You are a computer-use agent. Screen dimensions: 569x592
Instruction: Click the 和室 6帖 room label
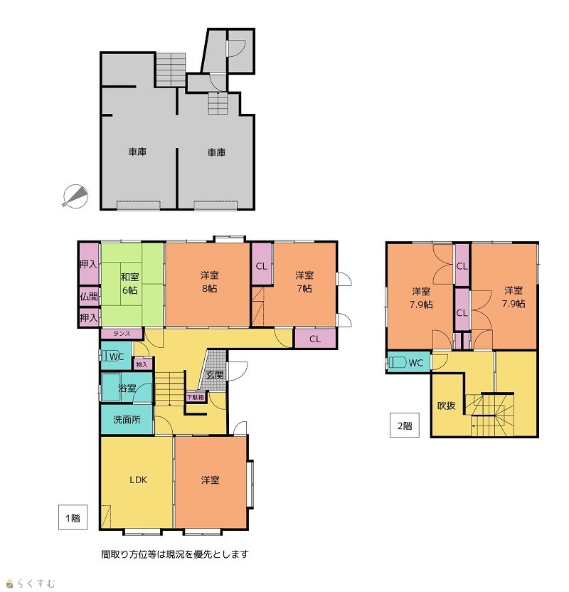pyautogui.click(x=129, y=283)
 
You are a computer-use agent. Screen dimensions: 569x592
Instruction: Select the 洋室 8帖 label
pyautogui.click(x=209, y=282)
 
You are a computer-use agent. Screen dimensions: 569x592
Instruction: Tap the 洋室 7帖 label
pyautogui.click(x=304, y=282)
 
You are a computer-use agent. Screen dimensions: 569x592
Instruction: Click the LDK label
pyautogui.click(x=139, y=480)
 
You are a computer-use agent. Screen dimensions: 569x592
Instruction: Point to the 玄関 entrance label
pyautogui.click(x=215, y=375)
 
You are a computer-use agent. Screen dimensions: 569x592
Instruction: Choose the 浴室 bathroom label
pyautogui.click(x=127, y=388)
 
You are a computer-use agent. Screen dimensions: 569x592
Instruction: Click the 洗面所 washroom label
pyautogui.click(x=127, y=420)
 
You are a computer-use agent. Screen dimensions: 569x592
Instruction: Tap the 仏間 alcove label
pyautogui.click(x=89, y=297)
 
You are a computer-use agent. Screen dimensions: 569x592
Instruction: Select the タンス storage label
pyautogui.click(x=122, y=334)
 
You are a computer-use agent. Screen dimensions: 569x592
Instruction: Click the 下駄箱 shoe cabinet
pyautogui.click(x=196, y=397)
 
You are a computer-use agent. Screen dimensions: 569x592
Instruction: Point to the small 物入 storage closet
pyautogui.click(x=142, y=365)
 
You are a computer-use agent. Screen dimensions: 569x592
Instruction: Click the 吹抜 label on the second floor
pyautogui.click(x=447, y=406)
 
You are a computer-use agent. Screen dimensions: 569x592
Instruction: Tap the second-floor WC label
pyautogui.click(x=416, y=363)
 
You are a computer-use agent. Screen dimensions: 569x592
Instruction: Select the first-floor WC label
pyautogui.click(x=117, y=356)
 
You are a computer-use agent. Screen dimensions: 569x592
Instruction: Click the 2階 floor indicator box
pyautogui.click(x=405, y=425)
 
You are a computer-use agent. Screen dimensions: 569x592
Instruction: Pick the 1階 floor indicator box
pyautogui.click(x=73, y=517)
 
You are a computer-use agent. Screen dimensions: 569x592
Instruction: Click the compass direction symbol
pyautogui.click(x=75, y=196)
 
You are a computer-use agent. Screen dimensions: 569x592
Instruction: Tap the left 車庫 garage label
pyautogui.click(x=137, y=152)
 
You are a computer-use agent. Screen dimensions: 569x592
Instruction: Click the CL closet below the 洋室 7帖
pyautogui.click(x=315, y=339)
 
